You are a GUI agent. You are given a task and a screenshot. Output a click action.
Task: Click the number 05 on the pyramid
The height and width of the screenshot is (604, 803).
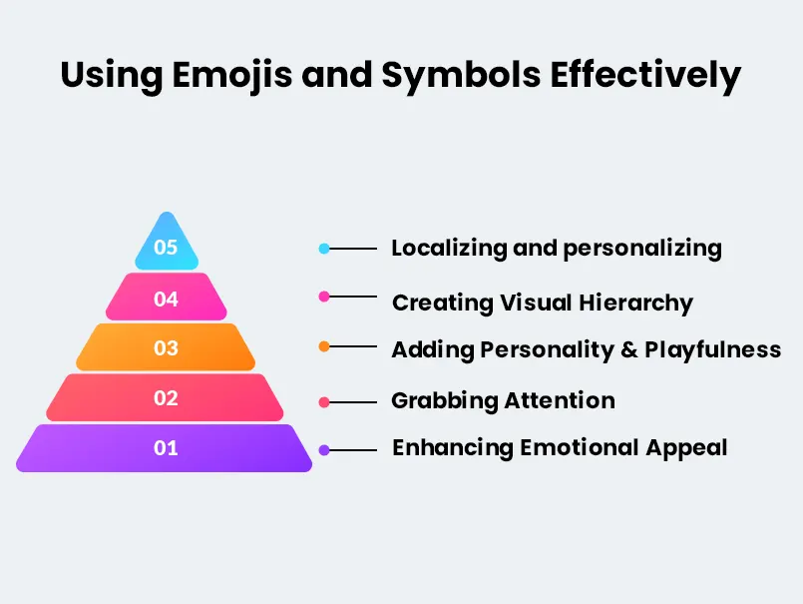(x=166, y=247)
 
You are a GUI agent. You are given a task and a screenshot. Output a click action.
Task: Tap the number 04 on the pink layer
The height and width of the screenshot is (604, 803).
(x=166, y=298)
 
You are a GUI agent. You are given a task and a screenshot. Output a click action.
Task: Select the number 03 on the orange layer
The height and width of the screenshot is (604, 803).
(x=166, y=347)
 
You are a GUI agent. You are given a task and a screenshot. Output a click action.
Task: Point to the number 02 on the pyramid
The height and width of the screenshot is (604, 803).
(x=166, y=398)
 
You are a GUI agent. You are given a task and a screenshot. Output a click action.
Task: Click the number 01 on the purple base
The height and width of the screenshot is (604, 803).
(x=166, y=448)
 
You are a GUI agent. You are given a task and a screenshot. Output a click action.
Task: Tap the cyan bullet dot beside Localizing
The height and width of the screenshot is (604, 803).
(x=324, y=249)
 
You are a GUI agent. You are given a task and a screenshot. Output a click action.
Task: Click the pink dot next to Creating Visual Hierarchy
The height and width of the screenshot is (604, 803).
(x=323, y=297)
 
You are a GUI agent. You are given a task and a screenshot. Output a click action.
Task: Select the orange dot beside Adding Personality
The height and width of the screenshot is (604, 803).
(x=324, y=346)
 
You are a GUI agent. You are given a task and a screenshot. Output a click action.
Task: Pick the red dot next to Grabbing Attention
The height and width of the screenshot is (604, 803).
(x=324, y=402)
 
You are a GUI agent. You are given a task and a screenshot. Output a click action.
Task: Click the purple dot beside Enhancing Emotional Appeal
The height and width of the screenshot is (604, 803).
(x=324, y=450)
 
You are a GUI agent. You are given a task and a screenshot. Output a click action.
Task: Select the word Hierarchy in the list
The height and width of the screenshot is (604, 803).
(x=637, y=302)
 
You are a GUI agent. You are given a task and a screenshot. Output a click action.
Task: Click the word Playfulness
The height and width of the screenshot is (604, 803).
(x=712, y=350)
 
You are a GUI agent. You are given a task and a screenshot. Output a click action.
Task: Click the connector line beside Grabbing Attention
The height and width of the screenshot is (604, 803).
(x=354, y=402)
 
